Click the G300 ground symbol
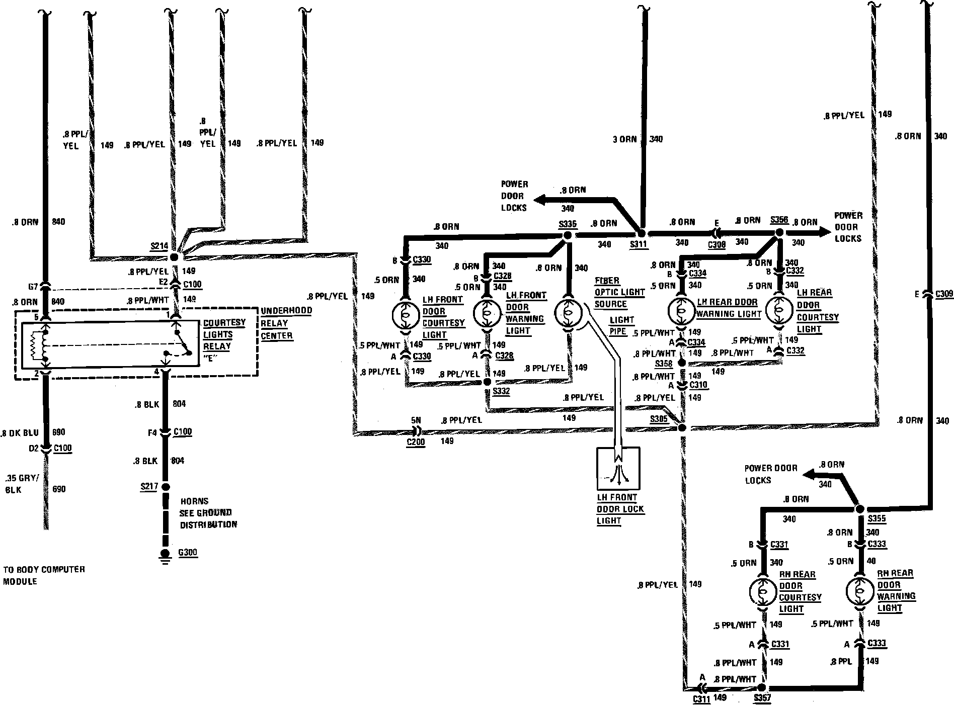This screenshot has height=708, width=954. click(x=165, y=555)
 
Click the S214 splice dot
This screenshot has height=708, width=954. click(x=175, y=256)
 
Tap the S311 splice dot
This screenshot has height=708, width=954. click(x=641, y=234)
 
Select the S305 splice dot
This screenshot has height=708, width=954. click(x=682, y=428)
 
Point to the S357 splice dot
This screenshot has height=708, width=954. click(x=761, y=687)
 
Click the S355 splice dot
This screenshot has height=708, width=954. click(x=859, y=509)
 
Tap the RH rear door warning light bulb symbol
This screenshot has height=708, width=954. click(x=859, y=591)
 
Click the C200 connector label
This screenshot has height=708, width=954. click(x=416, y=442)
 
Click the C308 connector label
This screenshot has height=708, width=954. click(x=717, y=245)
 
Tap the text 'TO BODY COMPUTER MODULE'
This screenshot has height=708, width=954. click(x=44, y=575)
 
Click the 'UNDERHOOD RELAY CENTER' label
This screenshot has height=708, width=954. click(x=286, y=323)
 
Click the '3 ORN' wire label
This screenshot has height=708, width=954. click(x=624, y=139)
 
